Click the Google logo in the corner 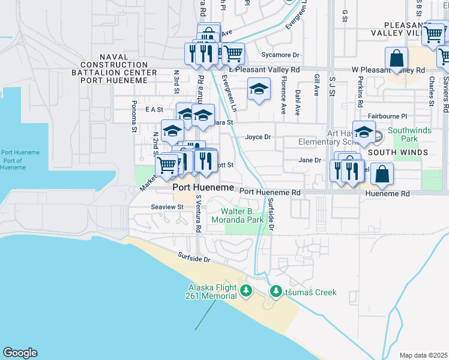[x=20, y=353]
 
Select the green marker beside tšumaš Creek [x=276, y=292]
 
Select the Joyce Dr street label [x=258, y=137]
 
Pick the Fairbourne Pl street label [x=387, y=116]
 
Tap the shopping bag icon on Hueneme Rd [x=382, y=173]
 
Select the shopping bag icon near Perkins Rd [x=396, y=58]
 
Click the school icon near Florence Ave [x=258, y=90]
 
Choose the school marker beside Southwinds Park [x=363, y=132]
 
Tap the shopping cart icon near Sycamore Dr [x=233, y=53]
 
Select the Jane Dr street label [x=310, y=160]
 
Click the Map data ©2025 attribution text [x=423, y=355]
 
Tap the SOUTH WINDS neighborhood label [x=397, y=152]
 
